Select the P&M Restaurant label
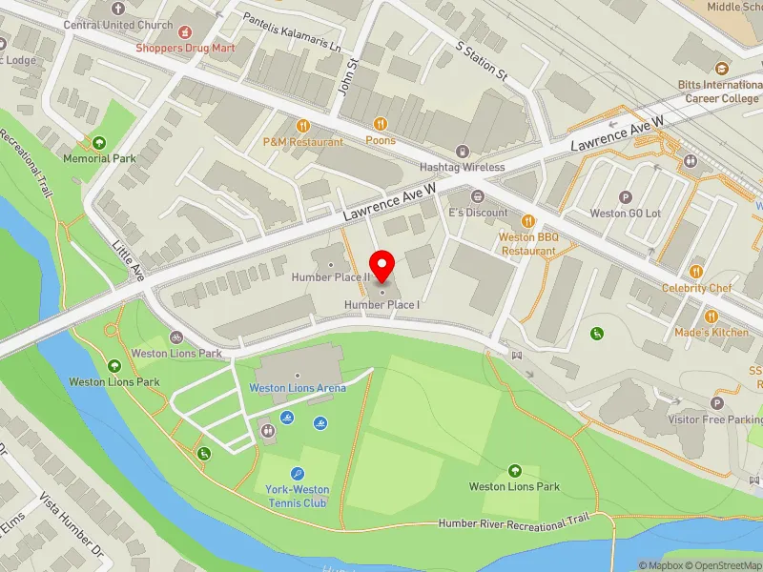(x=302, y=142)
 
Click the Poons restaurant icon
(x=380, y=124)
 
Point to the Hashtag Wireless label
(x=466, y=167)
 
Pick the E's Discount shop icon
(x=479, y=196)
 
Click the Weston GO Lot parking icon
(x=626, y=197)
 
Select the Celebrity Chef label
(x=699, y=288)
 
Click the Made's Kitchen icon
(x=711, y=316)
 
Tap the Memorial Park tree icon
(x=99, y=143)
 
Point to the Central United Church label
(x=118, y=25)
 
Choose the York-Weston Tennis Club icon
(x=297, y=473)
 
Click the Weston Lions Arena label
(x=297, y=387)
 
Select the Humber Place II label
(x=330, y=277)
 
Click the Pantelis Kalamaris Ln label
(x=291, y=31)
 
